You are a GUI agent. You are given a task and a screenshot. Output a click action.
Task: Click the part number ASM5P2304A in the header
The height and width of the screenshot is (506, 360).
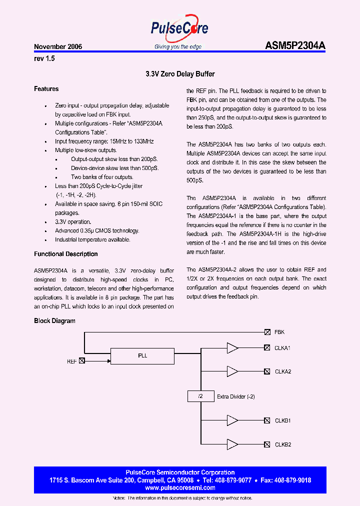295,46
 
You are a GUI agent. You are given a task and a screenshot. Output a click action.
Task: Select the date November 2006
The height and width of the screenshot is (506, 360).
58,47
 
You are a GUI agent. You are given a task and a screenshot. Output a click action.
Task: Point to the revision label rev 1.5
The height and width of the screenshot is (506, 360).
44,58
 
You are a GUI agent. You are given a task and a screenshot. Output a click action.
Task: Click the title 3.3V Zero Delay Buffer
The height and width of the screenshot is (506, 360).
180,74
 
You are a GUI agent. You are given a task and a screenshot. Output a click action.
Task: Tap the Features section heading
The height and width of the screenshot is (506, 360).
46,89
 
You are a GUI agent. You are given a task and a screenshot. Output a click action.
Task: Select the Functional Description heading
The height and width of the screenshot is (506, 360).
66,254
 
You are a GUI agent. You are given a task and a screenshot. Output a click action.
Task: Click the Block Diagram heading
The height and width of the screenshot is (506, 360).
54,320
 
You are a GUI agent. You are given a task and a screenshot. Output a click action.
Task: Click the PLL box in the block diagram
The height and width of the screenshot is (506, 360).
142,356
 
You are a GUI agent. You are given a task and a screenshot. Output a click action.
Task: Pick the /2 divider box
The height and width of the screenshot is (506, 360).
200,396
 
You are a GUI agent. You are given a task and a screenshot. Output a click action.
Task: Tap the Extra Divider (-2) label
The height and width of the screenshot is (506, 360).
236,397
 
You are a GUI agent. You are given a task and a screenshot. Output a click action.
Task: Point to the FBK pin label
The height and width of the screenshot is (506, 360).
279,332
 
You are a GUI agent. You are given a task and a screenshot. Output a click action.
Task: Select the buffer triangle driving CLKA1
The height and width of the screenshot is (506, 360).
232,347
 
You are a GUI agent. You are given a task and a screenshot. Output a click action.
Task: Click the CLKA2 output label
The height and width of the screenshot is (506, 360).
283,371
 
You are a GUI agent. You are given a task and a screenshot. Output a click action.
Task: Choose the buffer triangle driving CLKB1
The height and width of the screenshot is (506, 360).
232,420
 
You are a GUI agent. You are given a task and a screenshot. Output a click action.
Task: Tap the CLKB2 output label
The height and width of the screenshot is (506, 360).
283,444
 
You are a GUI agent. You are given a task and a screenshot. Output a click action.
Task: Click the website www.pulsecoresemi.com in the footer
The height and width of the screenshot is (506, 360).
180,487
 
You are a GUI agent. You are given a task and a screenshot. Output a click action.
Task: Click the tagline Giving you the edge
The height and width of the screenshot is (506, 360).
178,46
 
